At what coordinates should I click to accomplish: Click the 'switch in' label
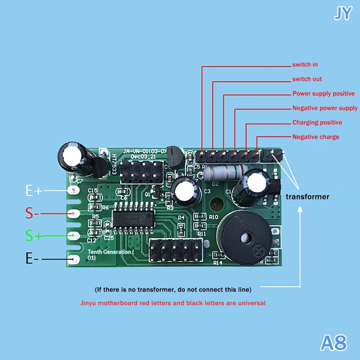[x=305, y=65]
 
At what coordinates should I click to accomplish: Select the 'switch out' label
[x=307, y=79]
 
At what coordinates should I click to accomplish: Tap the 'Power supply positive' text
[x=324, y=94]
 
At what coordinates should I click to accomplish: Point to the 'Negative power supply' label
[x=325, y=108]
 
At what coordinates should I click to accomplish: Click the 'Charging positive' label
[x=317, y=122]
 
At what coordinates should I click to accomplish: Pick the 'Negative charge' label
[x=316, y=137]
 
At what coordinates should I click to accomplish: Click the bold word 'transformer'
[x=308, y=197]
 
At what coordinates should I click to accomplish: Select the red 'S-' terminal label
[x=29, y=213]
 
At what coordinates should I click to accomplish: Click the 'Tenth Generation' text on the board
[x=111, y=252]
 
